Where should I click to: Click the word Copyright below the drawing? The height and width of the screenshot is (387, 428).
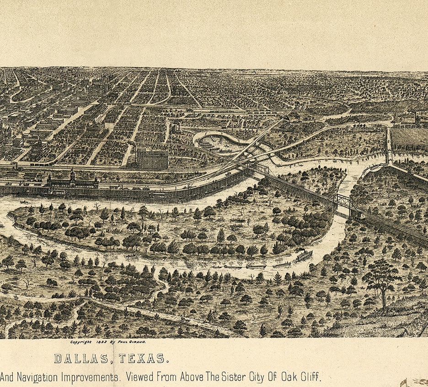[x=80, y=342]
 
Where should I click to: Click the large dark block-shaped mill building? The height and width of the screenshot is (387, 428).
[x=152, y=159]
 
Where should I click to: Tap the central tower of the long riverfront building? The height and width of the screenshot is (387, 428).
[x=72, y=175]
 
